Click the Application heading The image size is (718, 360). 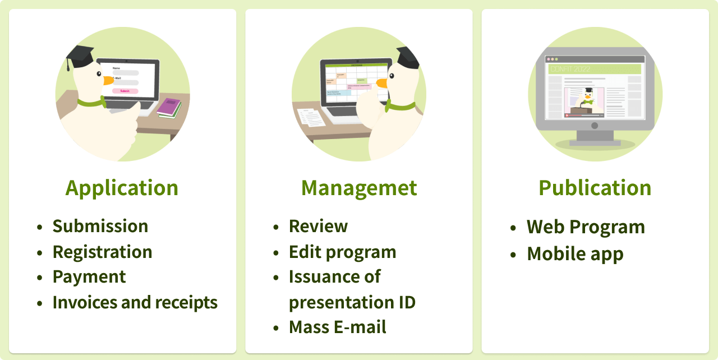click(122, 188)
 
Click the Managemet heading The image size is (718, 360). click(359, 188)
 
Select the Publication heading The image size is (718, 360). click(595, 188)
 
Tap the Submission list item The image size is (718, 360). click(100, 226)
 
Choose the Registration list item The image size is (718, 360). click(102, 252)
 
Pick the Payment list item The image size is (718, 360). click(89, 277)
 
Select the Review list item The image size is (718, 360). click(318, 226)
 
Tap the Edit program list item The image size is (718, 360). click(342, 252)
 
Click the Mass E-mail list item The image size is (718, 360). click(337, 327)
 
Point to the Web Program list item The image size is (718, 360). click(586, 227)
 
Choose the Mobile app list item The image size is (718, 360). click(575, 253)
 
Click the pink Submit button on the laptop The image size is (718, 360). click(125, 91)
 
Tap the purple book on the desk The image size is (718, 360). click(168, 106)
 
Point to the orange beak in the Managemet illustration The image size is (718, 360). click(382, 83)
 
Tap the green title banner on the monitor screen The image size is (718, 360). click(595, 69)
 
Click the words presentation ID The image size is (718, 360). click(352, 303)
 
